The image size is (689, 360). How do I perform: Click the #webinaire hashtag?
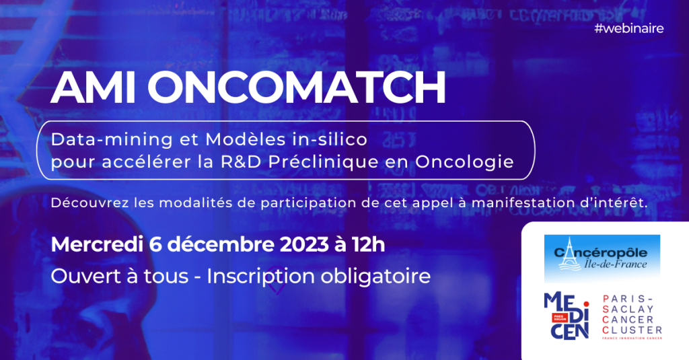click(x=629, y=28)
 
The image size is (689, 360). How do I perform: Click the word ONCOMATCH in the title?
click(x=297, y=87)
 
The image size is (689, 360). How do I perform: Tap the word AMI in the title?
click(x=93, y=87)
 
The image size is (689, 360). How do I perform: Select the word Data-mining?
click(x=112, y=140)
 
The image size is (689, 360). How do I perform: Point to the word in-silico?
click(x=330, y=139)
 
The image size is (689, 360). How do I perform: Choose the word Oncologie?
click(x=464, y=162)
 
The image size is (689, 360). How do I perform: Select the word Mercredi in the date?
click(x=97, y=244)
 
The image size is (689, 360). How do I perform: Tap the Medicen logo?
click(x=567, y=316)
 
